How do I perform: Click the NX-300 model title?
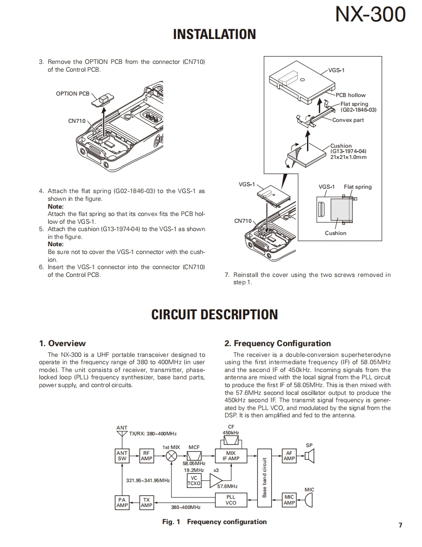tap(370, 15)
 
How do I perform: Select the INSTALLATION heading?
tap(214, 34)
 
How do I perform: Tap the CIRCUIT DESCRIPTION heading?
tap(214, 314)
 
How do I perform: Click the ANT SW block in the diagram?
tap(122, 456)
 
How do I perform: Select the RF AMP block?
tap(146, 456)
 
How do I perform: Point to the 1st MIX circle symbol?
tap(172, 456)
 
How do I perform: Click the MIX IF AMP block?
tap(231, 456)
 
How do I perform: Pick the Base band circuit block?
tap(265, 478)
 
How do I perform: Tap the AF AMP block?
tap(289, 456)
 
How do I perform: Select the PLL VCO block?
tap(231, 500)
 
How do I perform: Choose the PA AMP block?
tap(122, 502)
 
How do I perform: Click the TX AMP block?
tap(146, 502)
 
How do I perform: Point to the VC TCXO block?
tap(194, 481)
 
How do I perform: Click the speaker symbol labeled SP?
tap(310, 456)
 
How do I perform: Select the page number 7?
tap(400, 525)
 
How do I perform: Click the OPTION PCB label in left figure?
tap(73, 94)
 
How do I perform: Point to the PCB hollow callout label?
tap(350, 95)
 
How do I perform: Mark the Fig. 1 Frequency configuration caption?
tap(214, 522)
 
